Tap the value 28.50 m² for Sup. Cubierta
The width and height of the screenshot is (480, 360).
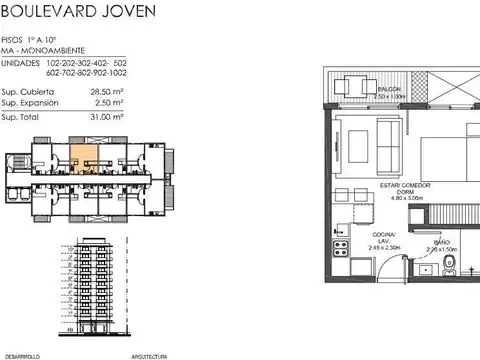[x=107, y=90]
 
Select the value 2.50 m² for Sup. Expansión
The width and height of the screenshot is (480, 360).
[x=108, y=102]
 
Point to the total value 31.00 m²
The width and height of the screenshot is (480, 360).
[x=107, y=116]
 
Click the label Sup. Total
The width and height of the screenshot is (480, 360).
[x=24, y=116]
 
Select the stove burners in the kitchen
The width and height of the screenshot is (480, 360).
[x=339, y=248]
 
